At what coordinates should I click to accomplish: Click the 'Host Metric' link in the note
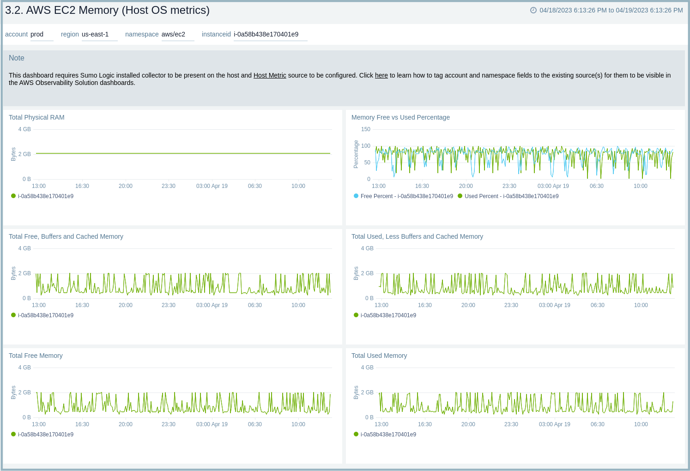click(x=270, y=75)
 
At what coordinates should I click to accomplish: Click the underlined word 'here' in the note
click(x=381, y=75)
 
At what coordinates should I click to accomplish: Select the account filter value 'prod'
click(x=37, y=34)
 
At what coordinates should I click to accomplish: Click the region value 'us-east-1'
click(x=95, y=34)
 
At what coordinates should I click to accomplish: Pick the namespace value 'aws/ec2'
click(x=173, y=34)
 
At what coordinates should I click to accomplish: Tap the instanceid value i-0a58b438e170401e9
click(x=266, y=34)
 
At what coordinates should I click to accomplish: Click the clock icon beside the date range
click(x=533, y=10)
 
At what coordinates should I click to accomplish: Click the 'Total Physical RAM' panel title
click(x=36, y=117)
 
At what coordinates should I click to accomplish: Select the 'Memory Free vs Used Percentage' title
click(x=400, y=117)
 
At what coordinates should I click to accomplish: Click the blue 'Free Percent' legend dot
click(x=356, y=196)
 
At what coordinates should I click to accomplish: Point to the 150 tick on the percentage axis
click(x=366, y=129)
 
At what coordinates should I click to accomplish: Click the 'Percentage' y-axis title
click(x=356, y=154)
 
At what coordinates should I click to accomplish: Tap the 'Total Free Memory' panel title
click(x=36, y=356)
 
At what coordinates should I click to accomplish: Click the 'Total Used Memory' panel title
click(x=379, y=356)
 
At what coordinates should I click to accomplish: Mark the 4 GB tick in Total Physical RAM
click(x=24, y=129)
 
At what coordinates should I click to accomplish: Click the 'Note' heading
click(x=17, y=58)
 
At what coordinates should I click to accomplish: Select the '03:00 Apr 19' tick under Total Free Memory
click(x=212, y=424)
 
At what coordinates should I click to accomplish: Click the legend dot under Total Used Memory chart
click(x=356, y=434)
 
